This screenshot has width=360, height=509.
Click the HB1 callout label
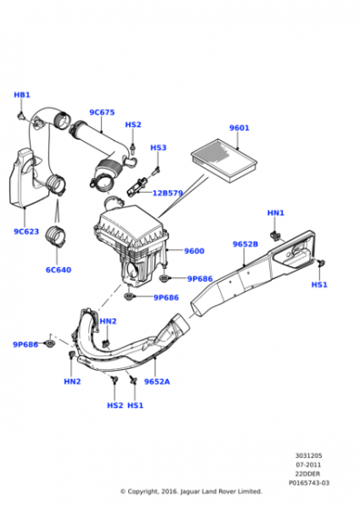coord(22,95)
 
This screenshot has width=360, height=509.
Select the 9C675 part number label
coord(102,113)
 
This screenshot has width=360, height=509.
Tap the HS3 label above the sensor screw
coord(158,147)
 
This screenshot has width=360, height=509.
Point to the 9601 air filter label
coord(239,128)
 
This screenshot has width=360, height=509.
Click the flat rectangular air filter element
coord(225,160)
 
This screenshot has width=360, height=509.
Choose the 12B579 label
coord(168,193)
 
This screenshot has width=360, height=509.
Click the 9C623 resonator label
coord(26,232)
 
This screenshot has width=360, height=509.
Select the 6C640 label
coord(58,270)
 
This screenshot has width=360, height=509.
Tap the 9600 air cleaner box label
coord(195,251)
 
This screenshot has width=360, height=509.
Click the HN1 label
coord(275,213)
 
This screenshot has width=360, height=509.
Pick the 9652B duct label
coord(245,245)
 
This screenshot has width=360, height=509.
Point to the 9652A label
coord(156,382)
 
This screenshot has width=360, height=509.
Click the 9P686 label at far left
coord(25,344)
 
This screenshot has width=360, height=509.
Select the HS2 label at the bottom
coord(115,405)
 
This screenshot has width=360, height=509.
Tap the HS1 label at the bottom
coord(135,405)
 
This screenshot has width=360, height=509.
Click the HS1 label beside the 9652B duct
coord(319,284)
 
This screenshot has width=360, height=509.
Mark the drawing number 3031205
coord(308,455)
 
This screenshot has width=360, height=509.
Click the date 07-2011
coord(308,464)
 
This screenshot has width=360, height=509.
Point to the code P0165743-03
coord(309,483)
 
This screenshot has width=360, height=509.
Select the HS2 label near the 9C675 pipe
coord(133,125)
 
